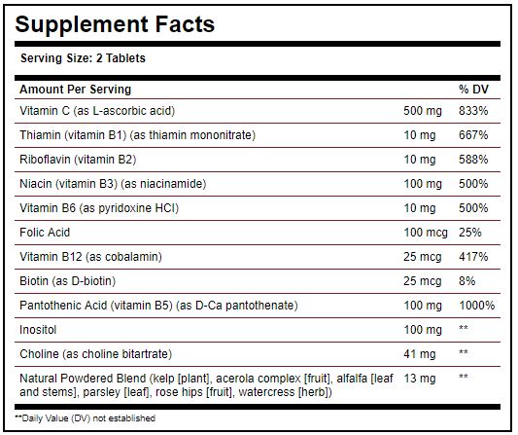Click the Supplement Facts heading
pos(115,25)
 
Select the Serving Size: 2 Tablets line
pos(83,58)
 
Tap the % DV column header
pos(473,90)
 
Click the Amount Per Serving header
pos(76,90)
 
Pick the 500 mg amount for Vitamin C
pos(423,111)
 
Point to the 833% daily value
pos(473,111)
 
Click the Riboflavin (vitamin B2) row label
pos(78,160)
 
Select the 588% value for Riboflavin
pos(473,160)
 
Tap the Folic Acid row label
pos(45,233)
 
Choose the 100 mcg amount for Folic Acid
pos(426,233)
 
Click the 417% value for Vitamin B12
pos(473,257)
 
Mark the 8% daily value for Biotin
pos(467,281)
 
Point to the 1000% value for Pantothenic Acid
pos(477,306)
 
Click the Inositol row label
pos(38,330)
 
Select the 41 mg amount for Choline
pos(420,354)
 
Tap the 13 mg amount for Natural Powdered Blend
pos(420,379)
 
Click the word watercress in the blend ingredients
pos(266,392)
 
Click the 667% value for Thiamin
pos(473,135)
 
